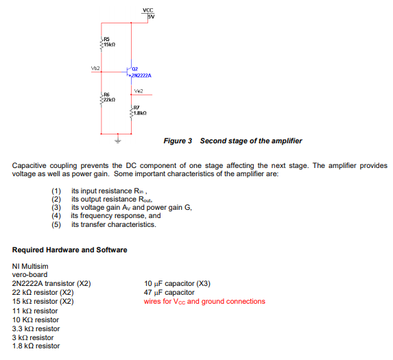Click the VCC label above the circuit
[147, 9]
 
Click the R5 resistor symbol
[102, 43]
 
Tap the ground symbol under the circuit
[116, 141]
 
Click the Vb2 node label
[95, 69]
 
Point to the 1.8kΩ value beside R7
[141, 112]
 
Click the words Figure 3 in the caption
[178, 141]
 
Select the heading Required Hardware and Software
[70, 250]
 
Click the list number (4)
[56, 215]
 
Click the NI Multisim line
[31, 265]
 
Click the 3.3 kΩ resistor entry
[36, 328]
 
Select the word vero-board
[30, 274]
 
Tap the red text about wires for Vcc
[204, 301]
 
